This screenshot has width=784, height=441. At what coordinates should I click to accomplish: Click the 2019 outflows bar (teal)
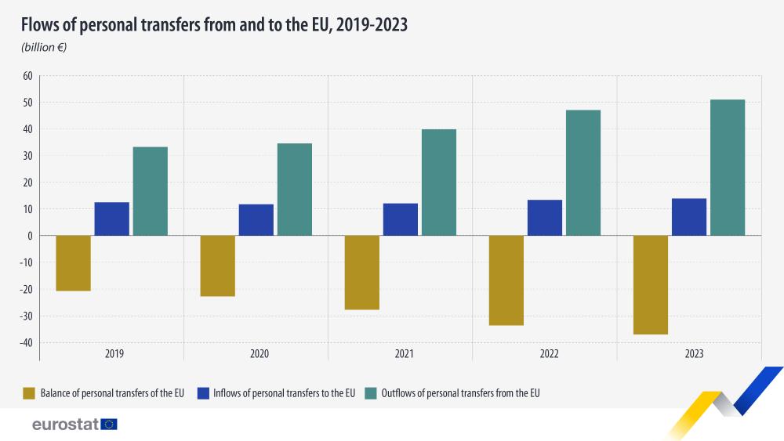150,191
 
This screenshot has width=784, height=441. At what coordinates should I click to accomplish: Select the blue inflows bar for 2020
256,220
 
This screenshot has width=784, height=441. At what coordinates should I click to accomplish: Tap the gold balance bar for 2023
650,284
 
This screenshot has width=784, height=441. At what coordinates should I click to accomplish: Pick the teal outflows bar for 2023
727,168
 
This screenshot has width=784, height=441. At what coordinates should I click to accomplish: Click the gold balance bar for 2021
362,273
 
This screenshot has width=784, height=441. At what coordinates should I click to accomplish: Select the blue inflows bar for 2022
545,218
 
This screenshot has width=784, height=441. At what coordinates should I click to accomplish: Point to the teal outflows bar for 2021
438,183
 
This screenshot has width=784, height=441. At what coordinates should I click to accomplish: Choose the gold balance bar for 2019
74,263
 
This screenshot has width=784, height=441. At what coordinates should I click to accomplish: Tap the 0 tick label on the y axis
29,236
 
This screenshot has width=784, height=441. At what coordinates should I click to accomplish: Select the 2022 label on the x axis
550,354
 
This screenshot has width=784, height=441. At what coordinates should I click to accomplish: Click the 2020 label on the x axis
260,354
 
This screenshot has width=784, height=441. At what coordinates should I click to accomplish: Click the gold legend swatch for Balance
30,393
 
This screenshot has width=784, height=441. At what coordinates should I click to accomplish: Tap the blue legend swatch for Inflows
202,393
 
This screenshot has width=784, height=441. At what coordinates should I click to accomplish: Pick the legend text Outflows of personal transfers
460,393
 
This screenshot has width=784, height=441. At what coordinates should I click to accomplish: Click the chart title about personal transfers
214,25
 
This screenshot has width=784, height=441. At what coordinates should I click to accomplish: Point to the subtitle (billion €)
44,48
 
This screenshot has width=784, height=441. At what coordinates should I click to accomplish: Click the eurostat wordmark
65,424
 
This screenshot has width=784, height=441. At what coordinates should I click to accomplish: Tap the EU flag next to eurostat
109,424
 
